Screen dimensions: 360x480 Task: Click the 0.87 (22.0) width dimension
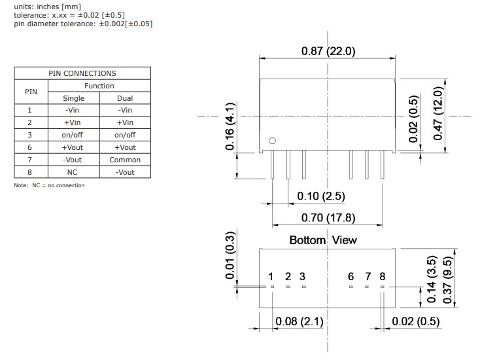coord(328,51)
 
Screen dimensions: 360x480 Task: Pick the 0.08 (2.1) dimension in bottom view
coord(299,321)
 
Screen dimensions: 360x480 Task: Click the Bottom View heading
coord(323,240)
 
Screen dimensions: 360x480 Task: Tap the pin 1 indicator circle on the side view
coord(273,141)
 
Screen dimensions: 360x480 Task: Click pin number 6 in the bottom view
coord(351,277)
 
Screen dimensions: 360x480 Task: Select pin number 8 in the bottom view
coord(383,277)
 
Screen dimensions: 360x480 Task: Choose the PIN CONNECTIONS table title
coord(82,73)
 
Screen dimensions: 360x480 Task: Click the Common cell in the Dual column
coord(125,160)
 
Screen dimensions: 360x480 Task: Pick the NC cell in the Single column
coord(73,172)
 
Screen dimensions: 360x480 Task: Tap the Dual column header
coord(125,98)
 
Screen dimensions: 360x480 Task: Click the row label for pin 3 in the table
coord(29,135)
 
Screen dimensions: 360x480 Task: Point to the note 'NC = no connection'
coord(49,185)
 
